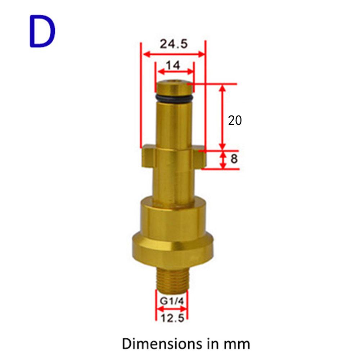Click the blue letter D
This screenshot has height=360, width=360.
[42, 31]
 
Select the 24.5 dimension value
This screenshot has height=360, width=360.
[174, 44]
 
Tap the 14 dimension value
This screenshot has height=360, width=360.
[173, 65]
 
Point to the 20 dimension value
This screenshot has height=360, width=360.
[235, 120]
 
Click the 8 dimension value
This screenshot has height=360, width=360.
[234, 159]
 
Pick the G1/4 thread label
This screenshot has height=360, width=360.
[172, 301]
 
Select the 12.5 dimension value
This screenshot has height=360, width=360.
[172, 318]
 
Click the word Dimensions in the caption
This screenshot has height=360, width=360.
[162, 344]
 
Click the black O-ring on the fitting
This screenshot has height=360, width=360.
[173, 98]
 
